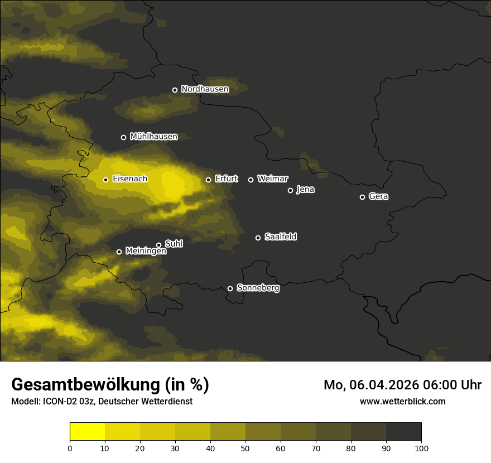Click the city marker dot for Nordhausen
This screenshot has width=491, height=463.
tap(175, 90)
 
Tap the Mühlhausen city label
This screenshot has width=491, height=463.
tap(153, 137)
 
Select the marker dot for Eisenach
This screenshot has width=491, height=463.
tap(105, 180)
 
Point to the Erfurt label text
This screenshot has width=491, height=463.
tap(226, 179)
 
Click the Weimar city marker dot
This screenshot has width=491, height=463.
tap(251, 180)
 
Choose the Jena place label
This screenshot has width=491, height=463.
tap(305, 190)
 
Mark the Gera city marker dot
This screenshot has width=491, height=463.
tap(362, 197)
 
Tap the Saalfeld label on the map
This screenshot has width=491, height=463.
tap(280, 237)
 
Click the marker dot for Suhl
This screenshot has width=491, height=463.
tap(158, 245)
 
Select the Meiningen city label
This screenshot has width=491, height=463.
tap(146, 252)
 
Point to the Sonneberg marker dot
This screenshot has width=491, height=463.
tap(230, 288)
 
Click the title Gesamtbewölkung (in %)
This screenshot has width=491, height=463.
tap(110, 385)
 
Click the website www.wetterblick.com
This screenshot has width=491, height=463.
tap(402, 402)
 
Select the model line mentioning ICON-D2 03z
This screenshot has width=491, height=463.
tap(102, 402)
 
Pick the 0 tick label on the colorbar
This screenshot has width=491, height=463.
tap(70, 448)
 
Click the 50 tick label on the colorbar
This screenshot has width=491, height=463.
tap(245, 448)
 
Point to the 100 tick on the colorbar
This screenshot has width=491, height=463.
tap(421, 448)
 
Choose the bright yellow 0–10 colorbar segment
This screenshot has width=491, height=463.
tap(87, 432)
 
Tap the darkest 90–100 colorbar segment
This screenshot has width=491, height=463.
tap(403, 432)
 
